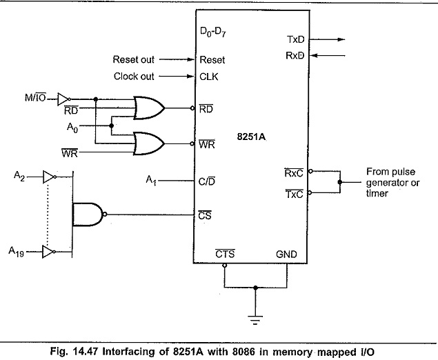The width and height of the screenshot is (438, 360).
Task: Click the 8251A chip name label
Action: [x=251, y=137]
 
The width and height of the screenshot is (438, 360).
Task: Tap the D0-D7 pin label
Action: [x=213, y=32]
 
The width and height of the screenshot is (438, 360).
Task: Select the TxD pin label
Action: [x=295, y=40]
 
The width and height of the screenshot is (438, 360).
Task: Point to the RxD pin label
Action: [x=295, y=56]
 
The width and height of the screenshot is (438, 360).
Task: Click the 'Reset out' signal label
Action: [x=134, y=59]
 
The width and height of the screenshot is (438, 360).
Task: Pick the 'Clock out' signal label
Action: [x=134, y=77]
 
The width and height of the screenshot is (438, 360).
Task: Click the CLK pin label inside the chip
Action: [x=209, y=77]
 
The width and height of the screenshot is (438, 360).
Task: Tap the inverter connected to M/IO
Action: [x=64, y=99]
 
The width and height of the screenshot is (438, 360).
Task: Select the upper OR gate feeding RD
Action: [x=149, y=108]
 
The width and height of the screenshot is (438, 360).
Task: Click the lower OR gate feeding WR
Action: [x=149, y=143]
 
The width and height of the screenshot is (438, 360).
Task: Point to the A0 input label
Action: [x=72, y=128]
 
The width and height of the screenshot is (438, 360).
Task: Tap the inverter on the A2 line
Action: [x=50, y=177]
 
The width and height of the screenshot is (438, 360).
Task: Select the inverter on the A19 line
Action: [x=49, y=252]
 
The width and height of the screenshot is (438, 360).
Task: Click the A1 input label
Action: [x=151, y=181]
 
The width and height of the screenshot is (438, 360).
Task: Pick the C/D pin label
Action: [x=207, y=181]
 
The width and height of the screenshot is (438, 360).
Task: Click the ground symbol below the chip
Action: [x=255, y=320]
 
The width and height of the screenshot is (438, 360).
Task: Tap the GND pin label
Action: [x=286, y=254]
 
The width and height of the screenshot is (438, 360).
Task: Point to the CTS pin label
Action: [x=225, y=254]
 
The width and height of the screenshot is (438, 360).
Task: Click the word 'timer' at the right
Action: [x=377, y=193]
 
